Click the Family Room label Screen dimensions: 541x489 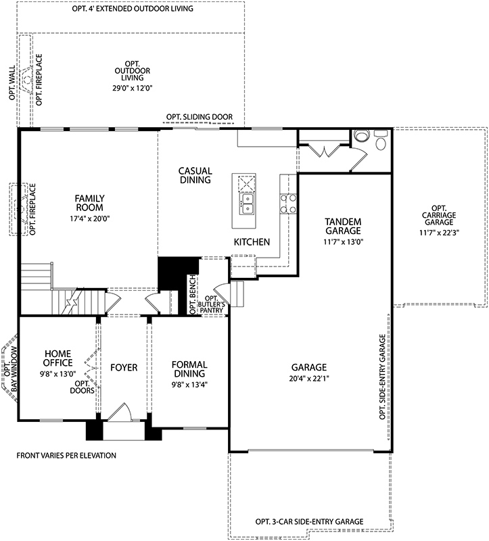click(x=88, y=203)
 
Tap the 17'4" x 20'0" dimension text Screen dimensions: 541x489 click(x=88, y=218)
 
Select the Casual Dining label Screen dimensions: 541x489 click(x=195, y=175)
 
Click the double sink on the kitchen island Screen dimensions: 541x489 click(x=247, y=199)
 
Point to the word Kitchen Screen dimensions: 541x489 click(x=252, y=241)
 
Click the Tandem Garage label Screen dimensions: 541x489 click(x=343, y=226)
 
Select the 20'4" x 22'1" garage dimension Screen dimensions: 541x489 click(x=310, y=378)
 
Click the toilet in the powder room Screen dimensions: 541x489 click(x=362, y=136)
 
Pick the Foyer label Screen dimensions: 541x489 click(x=124, y=368)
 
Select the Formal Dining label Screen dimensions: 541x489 click(x=189, y=370)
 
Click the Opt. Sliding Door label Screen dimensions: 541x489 click(x=200, y=117)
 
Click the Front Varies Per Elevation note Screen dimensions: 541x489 click(x=66, y=455)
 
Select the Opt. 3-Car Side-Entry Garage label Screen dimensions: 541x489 click(x=309, y=521)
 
